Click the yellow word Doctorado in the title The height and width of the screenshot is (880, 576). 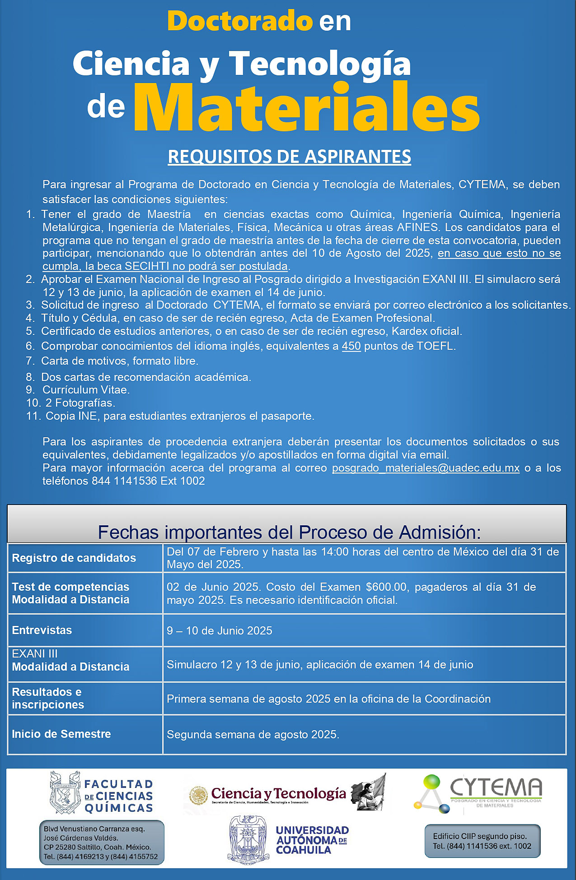[x=239, y=21]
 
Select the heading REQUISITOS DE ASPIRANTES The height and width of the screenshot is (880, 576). [x=289, y=156]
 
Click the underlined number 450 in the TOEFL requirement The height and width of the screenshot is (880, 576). [x=351, y=346]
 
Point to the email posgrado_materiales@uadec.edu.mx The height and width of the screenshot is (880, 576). [x=426, y=468]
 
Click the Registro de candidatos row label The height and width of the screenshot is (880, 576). [x=74, y=558]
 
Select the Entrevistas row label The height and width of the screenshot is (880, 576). [x=42, y=630]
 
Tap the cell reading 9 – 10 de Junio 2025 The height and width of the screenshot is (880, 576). [x=220, y=630]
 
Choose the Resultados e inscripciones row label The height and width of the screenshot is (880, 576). [x=48, y=698]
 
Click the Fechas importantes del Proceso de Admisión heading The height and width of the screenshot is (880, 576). [x=289, y=533]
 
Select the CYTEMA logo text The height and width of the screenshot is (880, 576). [x=496, y=788]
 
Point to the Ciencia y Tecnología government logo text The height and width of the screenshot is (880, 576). [x=278, y=793]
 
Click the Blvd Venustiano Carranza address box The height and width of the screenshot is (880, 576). [x=101, y=842]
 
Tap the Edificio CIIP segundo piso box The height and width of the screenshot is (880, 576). [x=482, y=841]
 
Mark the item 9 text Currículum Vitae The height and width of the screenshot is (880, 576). [x=86, y=389]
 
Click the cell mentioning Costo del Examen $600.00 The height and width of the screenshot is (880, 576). [x=351, y=593]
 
